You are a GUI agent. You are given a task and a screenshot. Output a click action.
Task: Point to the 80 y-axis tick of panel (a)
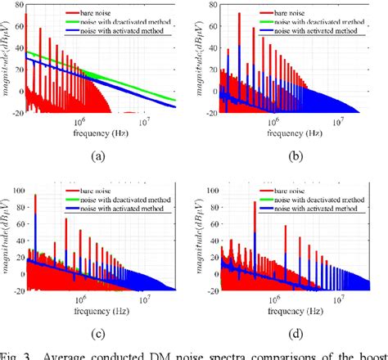(x=16, y=5)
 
